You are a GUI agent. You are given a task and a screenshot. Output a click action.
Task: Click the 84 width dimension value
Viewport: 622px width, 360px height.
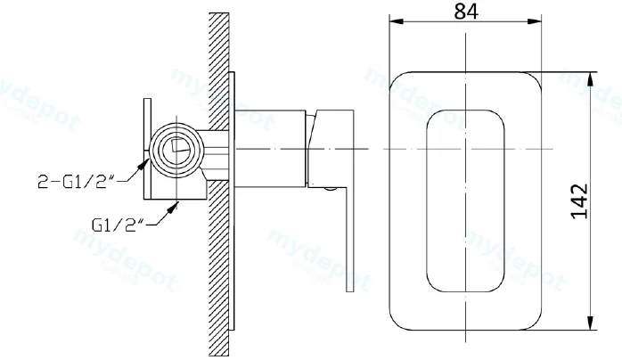click(466, 11)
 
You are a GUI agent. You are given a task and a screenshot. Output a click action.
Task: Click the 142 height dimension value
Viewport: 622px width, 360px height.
click(579, 200)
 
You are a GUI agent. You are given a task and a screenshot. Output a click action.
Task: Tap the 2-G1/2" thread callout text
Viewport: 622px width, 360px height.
click(76, 181)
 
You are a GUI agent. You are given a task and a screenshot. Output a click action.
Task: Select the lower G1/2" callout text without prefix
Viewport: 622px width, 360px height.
click(117, 225)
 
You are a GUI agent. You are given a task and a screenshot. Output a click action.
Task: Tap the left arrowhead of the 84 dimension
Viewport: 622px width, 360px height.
click(396, 21)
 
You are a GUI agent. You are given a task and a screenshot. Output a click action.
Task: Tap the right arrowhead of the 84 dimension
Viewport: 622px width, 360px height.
click(535, 21)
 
